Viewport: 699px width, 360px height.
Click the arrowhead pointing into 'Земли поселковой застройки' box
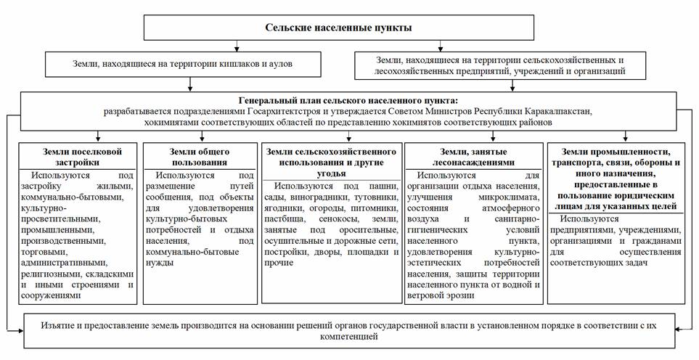click(x=97, y=139)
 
